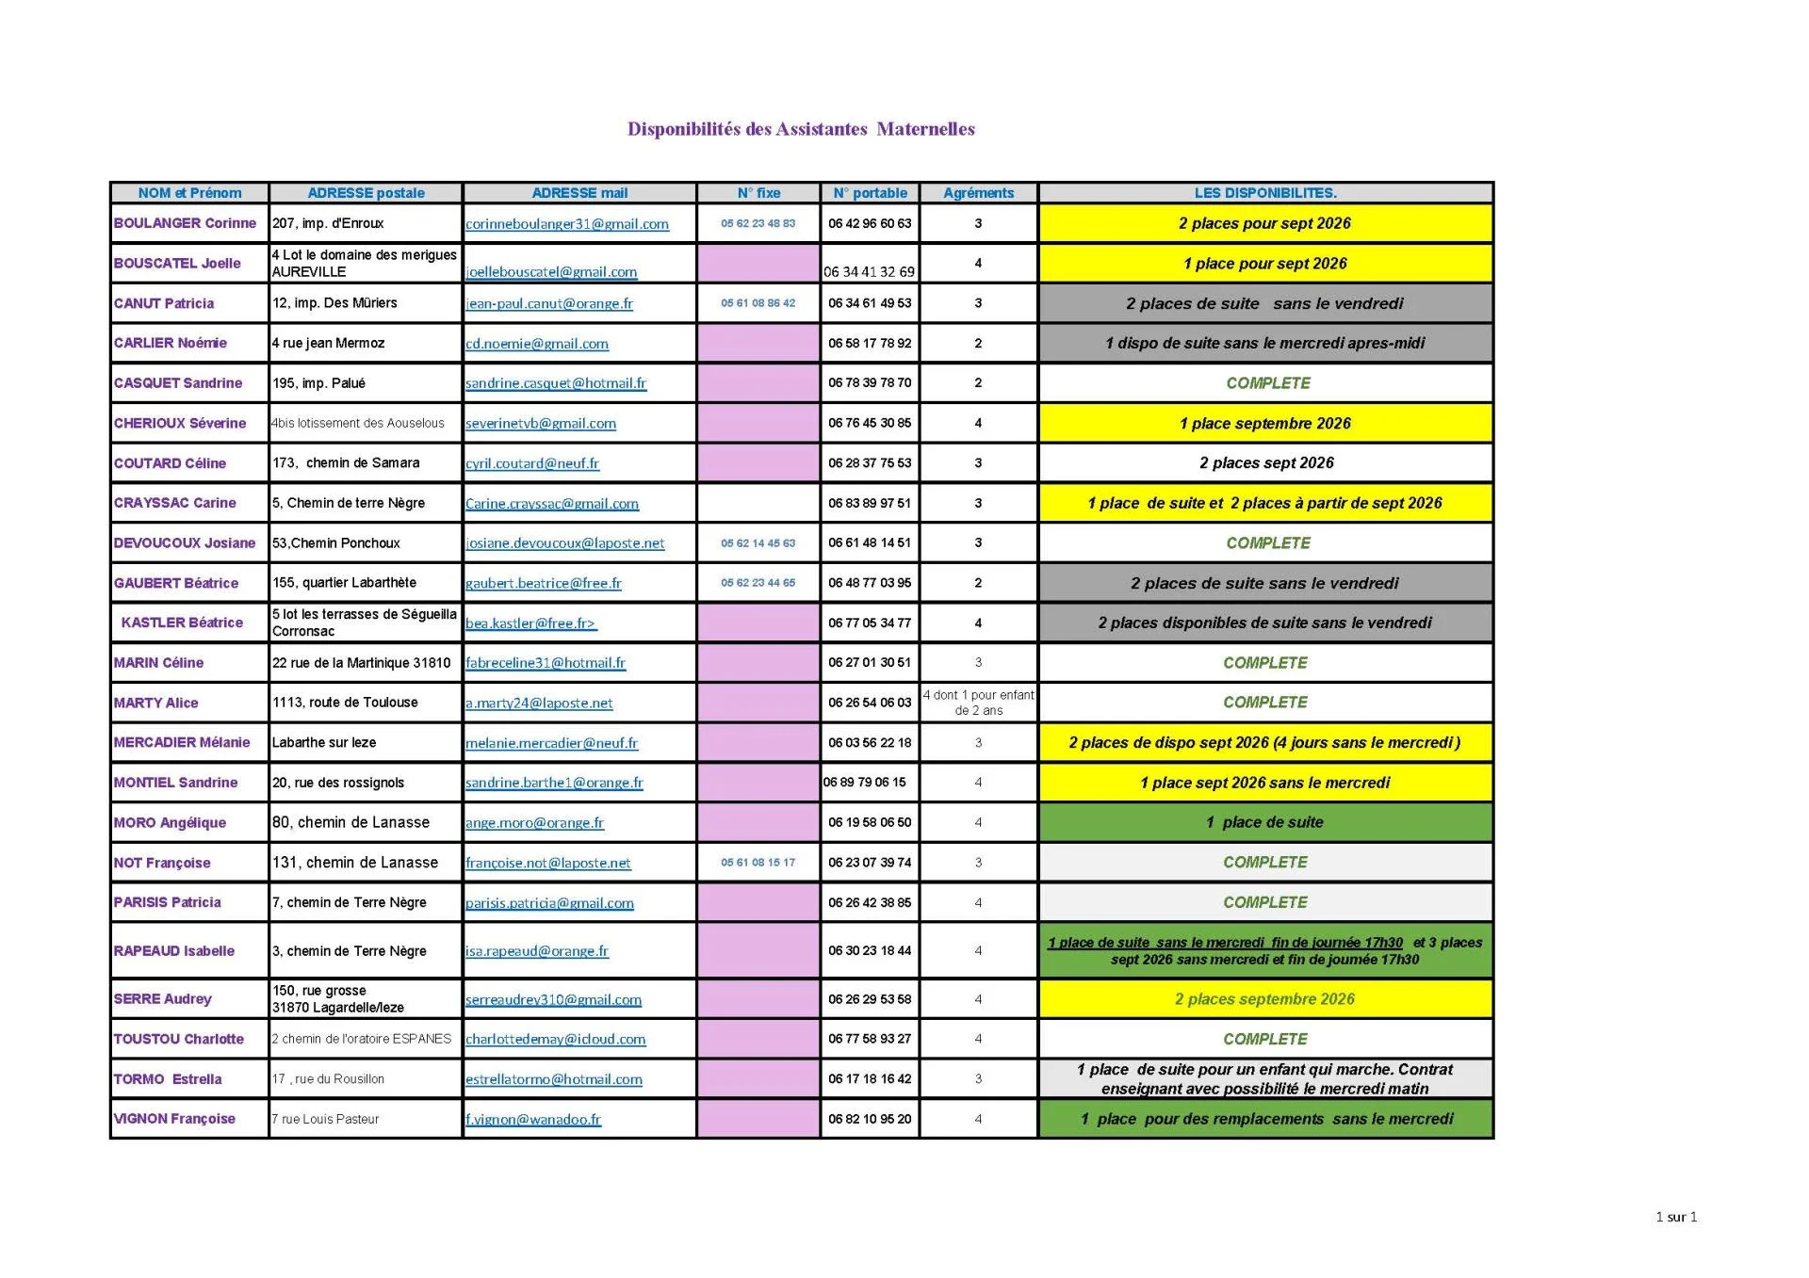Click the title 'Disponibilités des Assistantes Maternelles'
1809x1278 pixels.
(801, 129)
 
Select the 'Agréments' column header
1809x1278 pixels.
(978, 193)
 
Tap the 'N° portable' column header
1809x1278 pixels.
(870, 193)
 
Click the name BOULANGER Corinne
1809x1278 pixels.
(185, 223)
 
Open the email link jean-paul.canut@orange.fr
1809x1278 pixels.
(549, 303)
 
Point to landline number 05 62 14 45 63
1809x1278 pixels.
(758, 543)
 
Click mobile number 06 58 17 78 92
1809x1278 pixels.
(870, 343)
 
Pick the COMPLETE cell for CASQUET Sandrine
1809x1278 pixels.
(1267, 383)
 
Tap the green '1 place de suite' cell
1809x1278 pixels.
(1264, 822)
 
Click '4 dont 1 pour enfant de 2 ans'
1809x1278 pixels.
(978, 703)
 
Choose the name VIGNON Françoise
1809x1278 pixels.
(174, 1119)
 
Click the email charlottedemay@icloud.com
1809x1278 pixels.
(556, 1040)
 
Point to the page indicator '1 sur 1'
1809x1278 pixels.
(1675, 1217)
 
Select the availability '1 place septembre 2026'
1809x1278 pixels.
(1264, 424)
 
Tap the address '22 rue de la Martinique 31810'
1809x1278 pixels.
(362, 663)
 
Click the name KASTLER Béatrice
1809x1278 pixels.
(182, 623)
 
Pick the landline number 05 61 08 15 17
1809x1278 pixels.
(758, 863)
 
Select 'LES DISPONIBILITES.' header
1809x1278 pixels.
(1264, 193)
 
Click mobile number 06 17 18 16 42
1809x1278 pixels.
(870, 1079)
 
